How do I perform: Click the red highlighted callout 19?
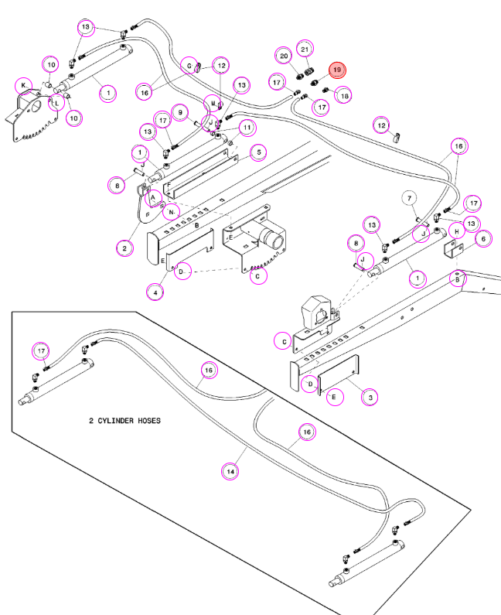coord(337,70)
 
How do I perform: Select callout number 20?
coord(284,56)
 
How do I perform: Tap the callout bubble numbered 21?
coord(305,50)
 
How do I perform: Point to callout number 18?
coord(344,95)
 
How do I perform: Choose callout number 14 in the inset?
coord(230,471)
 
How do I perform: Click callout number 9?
coord(180,113)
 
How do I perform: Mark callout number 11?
coord(247,128)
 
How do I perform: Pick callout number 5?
coord(258,152)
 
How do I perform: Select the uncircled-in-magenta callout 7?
coord(410,198)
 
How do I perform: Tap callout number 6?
coord(483,238)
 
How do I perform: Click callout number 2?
coord(124,248)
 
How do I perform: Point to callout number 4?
coord(155,292)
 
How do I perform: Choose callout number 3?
coord(370,397)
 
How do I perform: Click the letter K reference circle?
coord(23,86)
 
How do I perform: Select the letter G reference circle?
coord(189,66)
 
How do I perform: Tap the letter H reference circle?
coord(457,231)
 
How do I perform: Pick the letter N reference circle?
coord(172,212)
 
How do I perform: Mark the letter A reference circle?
coord(153,198)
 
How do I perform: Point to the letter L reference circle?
coord(57,103)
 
